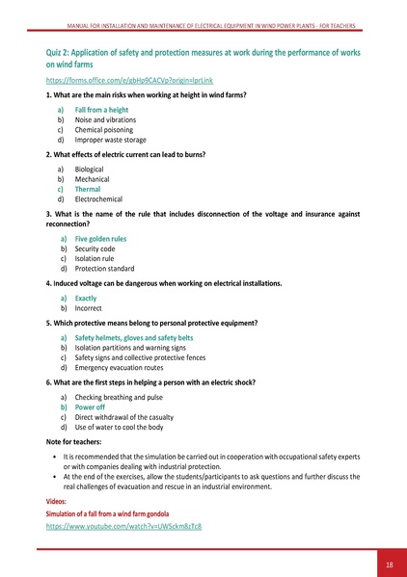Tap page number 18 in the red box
click(x=389, y=564)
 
